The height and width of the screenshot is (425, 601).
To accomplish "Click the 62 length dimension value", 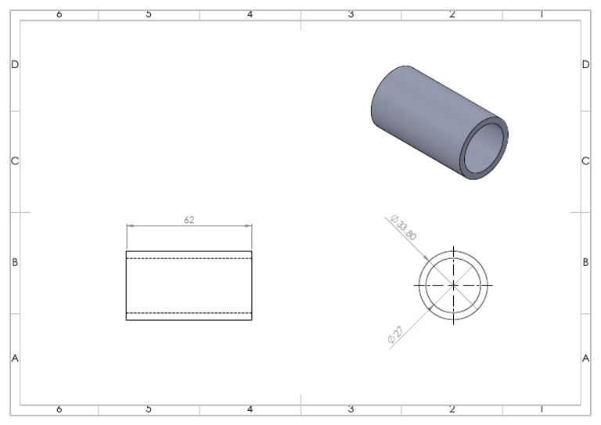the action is [x=189, y=220].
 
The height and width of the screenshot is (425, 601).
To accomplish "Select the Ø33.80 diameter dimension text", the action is [x=403, y=228].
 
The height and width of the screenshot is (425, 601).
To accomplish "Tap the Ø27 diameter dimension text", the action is [x=395, y=334].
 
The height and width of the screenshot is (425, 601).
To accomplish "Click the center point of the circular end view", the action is [x=453, y=285].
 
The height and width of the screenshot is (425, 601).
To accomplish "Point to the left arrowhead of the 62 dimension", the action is [x=131, y=225].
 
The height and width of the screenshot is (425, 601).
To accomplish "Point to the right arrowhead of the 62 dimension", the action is [x=248, y=225].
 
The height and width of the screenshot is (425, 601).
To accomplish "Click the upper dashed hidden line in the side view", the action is [x=189, y=258].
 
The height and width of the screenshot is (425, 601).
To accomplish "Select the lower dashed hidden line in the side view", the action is [x=189, y=313].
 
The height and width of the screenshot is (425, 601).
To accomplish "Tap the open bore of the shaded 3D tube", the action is [x=484, y=149].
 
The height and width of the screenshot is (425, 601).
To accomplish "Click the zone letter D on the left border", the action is [x=15, y=64].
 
